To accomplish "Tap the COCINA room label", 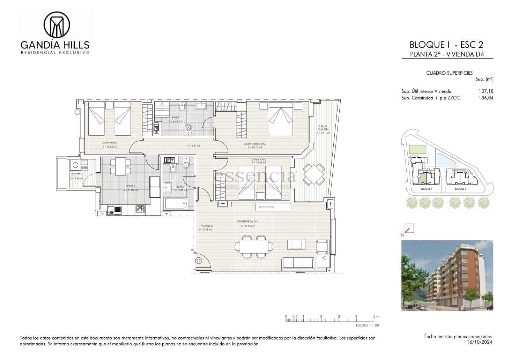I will coord(130,186).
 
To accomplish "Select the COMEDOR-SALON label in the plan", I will coord(247,222).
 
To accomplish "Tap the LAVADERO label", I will coord(77,173).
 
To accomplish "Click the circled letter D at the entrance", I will coord(199,260).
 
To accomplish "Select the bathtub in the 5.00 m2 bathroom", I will coord(175,203).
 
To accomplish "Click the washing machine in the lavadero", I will coord(75,165).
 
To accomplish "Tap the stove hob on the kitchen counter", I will coord(140,209).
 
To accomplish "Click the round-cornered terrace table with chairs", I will coord(313,174).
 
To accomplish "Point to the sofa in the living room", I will coord(298,263).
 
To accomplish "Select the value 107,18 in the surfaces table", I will coord(486,91).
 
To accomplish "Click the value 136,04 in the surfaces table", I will coord(486,98).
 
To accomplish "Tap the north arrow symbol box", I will coord(409,228).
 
